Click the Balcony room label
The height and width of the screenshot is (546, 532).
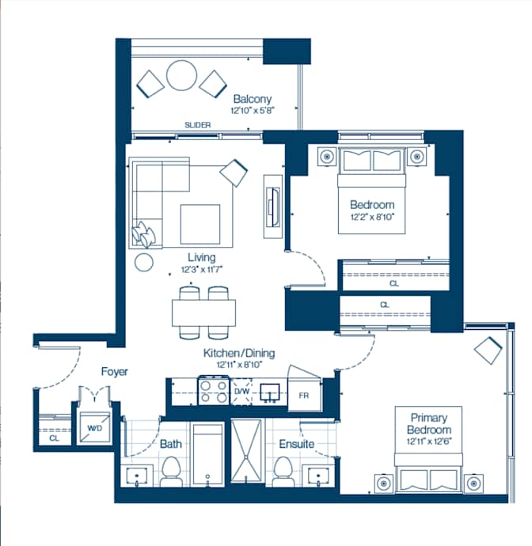[253, 99]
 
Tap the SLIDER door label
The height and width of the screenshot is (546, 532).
[198, 125]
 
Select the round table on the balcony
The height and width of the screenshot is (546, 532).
[181, 75]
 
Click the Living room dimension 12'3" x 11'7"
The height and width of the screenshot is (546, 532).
[202, 270]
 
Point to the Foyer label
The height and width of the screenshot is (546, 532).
[114, 372]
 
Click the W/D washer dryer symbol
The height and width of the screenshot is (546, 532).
[94, 427]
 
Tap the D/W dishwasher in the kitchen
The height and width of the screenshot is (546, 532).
[241, 392]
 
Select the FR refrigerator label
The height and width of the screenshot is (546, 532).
[304, 396]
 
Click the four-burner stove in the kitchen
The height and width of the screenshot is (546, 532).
[214, 391]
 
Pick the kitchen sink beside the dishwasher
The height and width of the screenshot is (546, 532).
[270, 392]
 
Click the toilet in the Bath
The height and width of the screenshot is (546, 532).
[171, 472]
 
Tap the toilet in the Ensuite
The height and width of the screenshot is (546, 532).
[283, 472]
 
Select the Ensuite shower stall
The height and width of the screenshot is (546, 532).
[246, 451]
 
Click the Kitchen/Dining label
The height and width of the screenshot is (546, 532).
[239, 353]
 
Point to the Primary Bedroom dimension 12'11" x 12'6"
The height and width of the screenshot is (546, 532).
[429, 442]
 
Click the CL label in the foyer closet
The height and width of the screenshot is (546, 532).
[55, 438]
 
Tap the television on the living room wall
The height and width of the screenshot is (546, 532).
[273, 207]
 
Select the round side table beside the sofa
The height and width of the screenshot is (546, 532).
[144, 262]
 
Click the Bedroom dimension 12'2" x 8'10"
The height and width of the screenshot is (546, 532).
[372, 217]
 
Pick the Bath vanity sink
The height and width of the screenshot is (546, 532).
[137, 476]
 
